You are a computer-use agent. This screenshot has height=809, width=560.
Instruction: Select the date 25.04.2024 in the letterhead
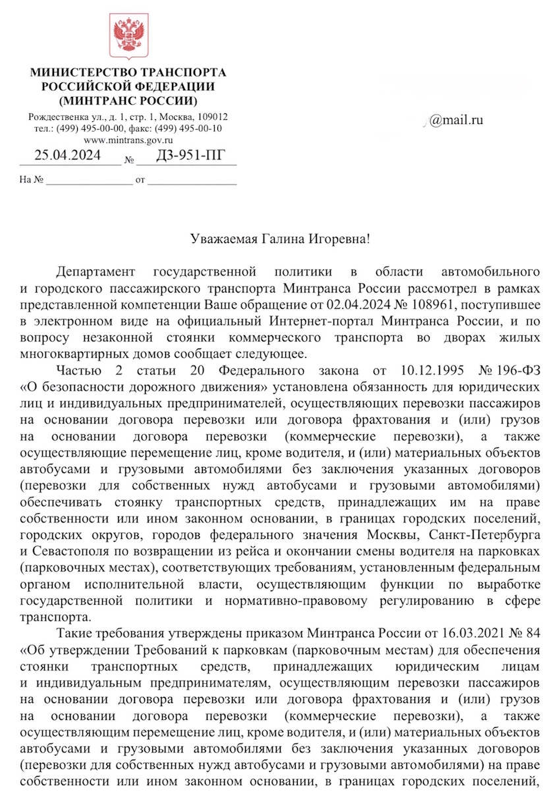coord(67,155)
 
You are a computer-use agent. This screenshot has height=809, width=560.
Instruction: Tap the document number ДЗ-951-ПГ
coord(186,155)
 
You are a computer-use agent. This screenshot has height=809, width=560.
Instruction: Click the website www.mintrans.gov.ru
coord(128,140)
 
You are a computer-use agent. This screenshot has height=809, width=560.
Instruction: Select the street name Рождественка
coord(57,117)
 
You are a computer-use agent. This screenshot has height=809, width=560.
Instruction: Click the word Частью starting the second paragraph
coord(78,370)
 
